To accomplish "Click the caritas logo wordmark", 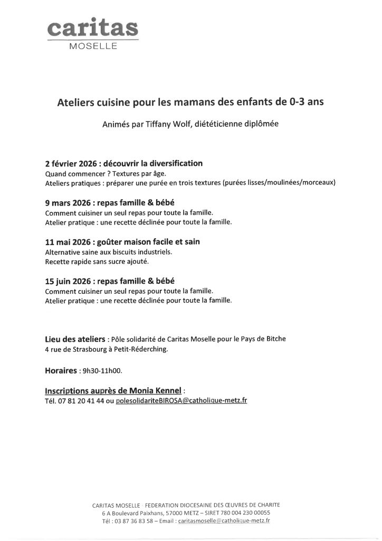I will click(92, 29).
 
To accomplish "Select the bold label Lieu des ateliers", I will click(75, 339).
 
